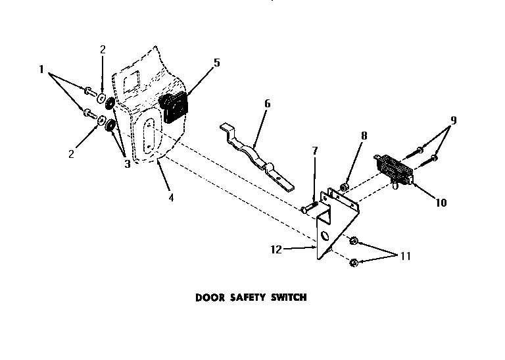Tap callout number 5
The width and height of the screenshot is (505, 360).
[x=216, y=63]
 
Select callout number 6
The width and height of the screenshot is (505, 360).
[x=266, y=103]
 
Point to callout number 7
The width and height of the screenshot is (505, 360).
[x=314, y=151]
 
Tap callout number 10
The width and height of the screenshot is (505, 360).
[x=441, y=203]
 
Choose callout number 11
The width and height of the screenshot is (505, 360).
[x=405, y=255]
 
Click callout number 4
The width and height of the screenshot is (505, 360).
[x=170, y=197]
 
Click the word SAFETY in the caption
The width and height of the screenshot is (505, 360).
[x=245, y=297]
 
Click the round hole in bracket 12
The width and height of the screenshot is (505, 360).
[x=324, y=236]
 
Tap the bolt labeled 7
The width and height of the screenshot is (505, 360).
[x=309, y=209]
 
